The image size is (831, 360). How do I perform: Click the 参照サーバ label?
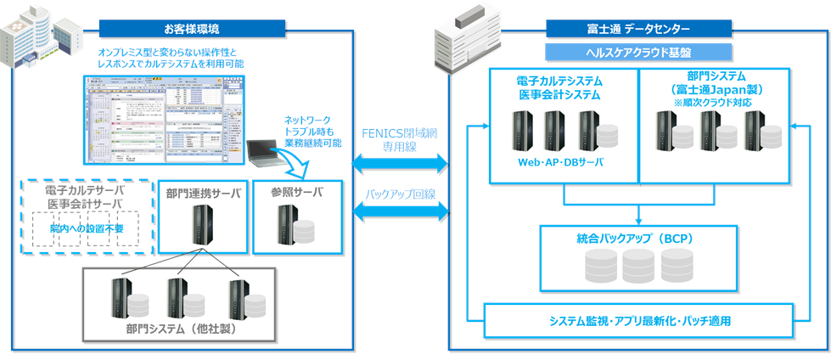tap(296, 192)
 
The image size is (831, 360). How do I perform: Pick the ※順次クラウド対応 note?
tap(713, 102)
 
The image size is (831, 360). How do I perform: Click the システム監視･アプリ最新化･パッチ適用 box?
tap(639, 322)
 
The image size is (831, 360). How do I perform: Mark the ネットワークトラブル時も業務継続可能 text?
tap(313, 132)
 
